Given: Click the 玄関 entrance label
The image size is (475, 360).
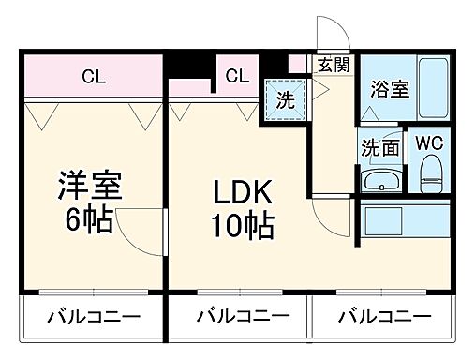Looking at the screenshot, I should [x=332, y=65].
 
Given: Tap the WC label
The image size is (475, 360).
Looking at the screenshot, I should [x=429, y=143].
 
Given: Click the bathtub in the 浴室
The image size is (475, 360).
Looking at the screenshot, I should [x=433, y=90].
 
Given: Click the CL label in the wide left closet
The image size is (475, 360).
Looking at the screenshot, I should [x=92, y=76].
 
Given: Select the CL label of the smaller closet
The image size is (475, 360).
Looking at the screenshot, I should [x=236, y=76].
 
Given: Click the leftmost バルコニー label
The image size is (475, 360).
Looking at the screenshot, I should [x=94, y=315].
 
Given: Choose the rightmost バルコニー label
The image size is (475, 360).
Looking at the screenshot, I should [x=385, y=315].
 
